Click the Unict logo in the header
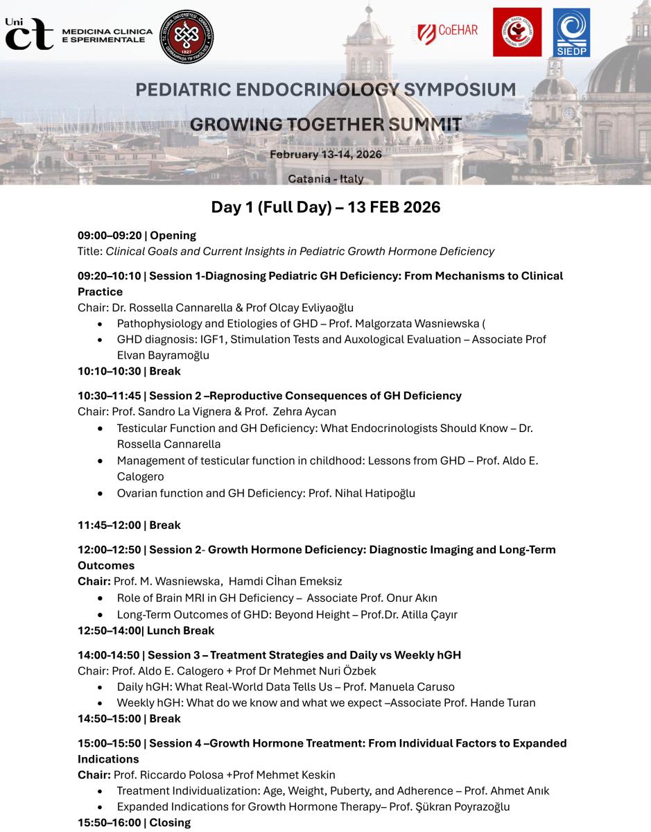click(x=29, y=33)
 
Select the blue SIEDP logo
click(x=571, y=33)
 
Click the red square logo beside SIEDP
click(x=517, y=32)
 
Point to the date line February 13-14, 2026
click(x=325, y=155)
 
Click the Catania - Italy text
click(x=325, y=179)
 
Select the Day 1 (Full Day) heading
click(x=325, y=207)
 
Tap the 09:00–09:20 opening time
click(x=110, y=235)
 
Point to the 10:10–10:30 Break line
click(x=129, y=371)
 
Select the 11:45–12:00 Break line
click(x=129, y=525)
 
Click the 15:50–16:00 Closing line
click(x=134, y=822)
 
